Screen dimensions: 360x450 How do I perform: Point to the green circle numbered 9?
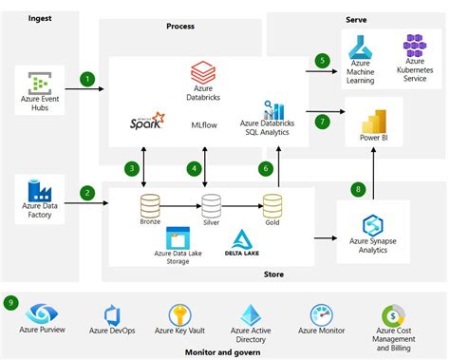(x=10, y=303)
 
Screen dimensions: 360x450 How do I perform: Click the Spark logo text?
(x=147, y=123)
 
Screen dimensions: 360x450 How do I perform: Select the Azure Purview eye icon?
(x=41, y=314)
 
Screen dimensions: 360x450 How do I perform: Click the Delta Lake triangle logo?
(x=240, y=238)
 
